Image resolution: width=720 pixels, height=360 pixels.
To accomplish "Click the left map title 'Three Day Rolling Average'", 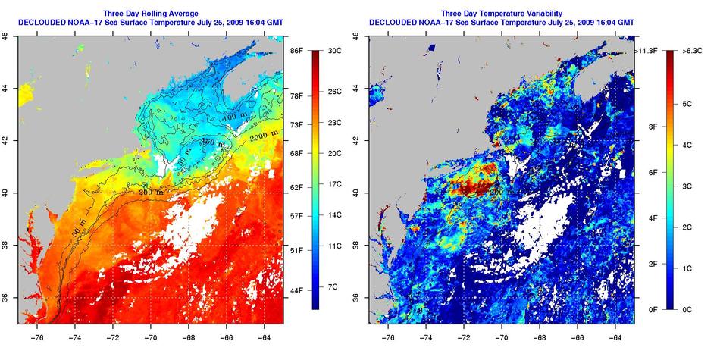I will pos(151,13).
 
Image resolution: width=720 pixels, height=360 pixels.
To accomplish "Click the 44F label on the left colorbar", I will pos(298,290).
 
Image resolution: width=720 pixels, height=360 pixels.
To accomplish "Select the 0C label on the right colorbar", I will pos(688,309).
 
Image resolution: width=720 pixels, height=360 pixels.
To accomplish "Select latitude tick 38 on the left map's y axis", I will pos(6,245).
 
